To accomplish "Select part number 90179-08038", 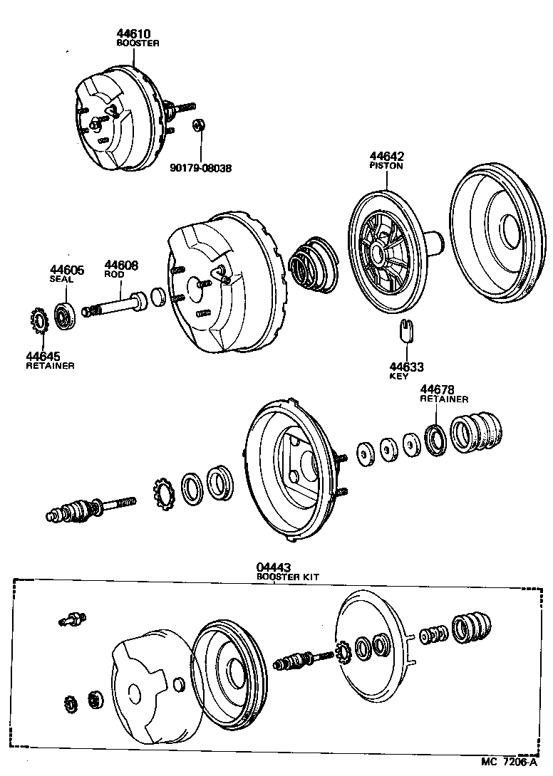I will tap(201, 169).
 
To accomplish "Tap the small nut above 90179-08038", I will tap(199, 126).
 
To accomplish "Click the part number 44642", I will tap(386, 157).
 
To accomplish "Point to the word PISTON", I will tap(386, 166).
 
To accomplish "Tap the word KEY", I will tap(398, 376).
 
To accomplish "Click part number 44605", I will tap(66, 270).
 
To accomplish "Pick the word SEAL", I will tap(61, 279).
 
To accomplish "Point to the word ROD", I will tap(115, 274).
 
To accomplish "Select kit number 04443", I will tap(273, 568).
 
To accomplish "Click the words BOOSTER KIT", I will tap(284, 577).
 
